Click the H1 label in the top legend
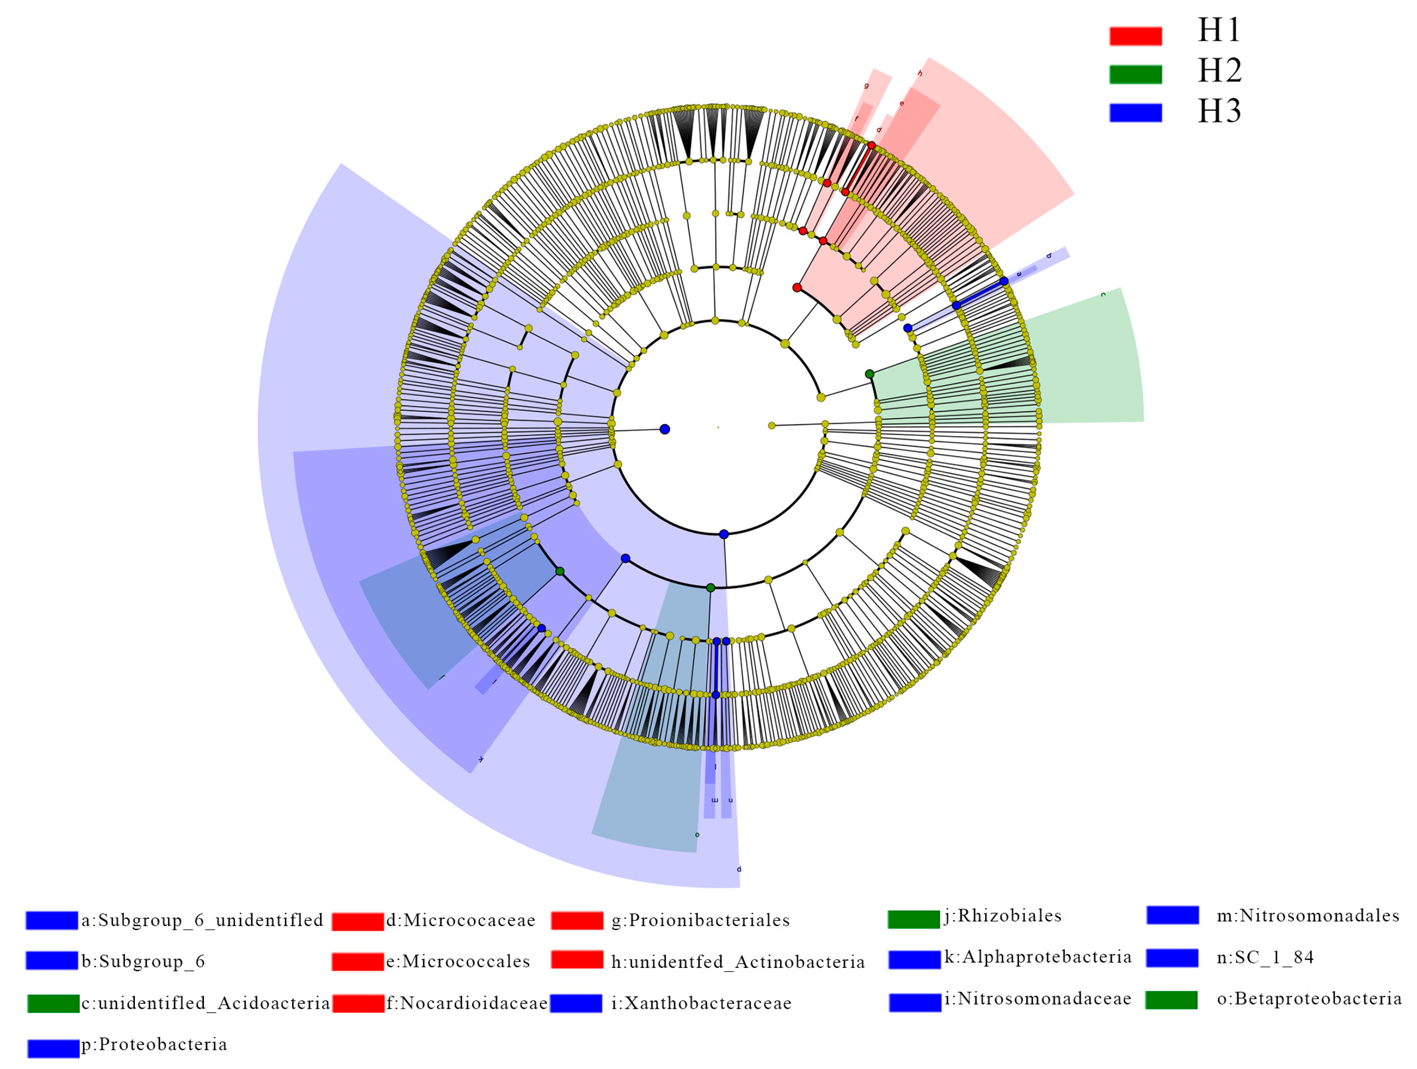(1219, 30)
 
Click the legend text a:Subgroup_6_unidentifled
(202, 920)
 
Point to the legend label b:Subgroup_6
(143, 961)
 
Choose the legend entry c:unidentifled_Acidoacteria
(205, 1003)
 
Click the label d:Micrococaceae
(460, 920)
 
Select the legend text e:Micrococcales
(457, 961)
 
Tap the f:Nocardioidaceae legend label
(466, 1003)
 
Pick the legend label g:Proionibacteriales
(700, 920)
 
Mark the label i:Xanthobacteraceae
(701, 1003)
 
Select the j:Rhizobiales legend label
(1003, 916)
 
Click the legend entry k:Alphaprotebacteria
(1038, 957)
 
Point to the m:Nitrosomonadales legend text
(1307, 916)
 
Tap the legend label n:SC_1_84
(1265, 958)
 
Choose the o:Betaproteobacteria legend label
(1309, 999)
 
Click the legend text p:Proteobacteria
(154, 1045)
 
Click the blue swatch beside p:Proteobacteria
(53, 1049)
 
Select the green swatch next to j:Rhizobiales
(914, 920)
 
